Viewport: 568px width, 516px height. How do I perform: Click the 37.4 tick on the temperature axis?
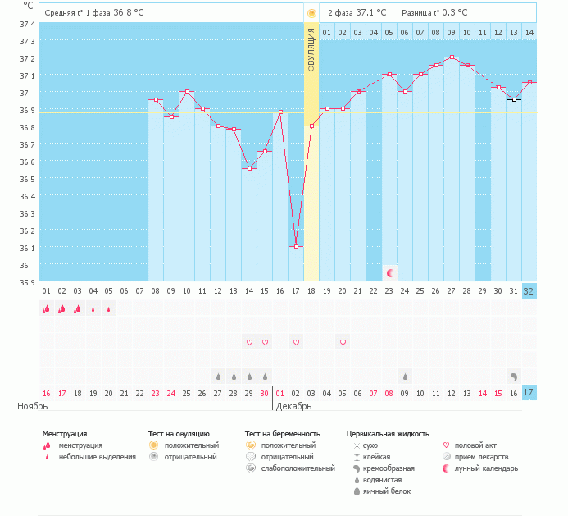click(x=28, y=24)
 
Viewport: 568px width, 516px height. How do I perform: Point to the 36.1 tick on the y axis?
click(x=28, y=248)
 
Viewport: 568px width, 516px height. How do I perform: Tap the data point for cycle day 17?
click(x=296, y=246)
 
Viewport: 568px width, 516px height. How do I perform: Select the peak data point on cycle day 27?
click(x=452, y=57)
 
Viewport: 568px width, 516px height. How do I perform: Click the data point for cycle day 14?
click(x=249, y=168)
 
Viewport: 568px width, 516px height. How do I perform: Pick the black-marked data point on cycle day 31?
click(x=514, y=99)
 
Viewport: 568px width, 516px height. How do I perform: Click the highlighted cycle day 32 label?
click(x=529, y=291)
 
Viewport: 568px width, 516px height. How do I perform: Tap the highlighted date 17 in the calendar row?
click(x=529, y=393)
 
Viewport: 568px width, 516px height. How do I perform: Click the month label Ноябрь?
click(x=33, y=406)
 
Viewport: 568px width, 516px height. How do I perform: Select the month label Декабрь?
click(x=293, y=406)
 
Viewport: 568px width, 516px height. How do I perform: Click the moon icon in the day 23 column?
click(x=390, y=272)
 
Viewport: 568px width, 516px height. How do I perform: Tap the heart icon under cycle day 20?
click(x=343, y=341)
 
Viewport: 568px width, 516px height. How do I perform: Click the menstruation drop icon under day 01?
click(x=47, y=309)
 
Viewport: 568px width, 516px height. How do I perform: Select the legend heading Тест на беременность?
click(x=282, y=433)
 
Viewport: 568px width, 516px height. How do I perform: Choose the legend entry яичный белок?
click(x=387, y=491)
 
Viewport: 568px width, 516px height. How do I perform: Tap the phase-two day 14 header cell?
click(x=529, y=32)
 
